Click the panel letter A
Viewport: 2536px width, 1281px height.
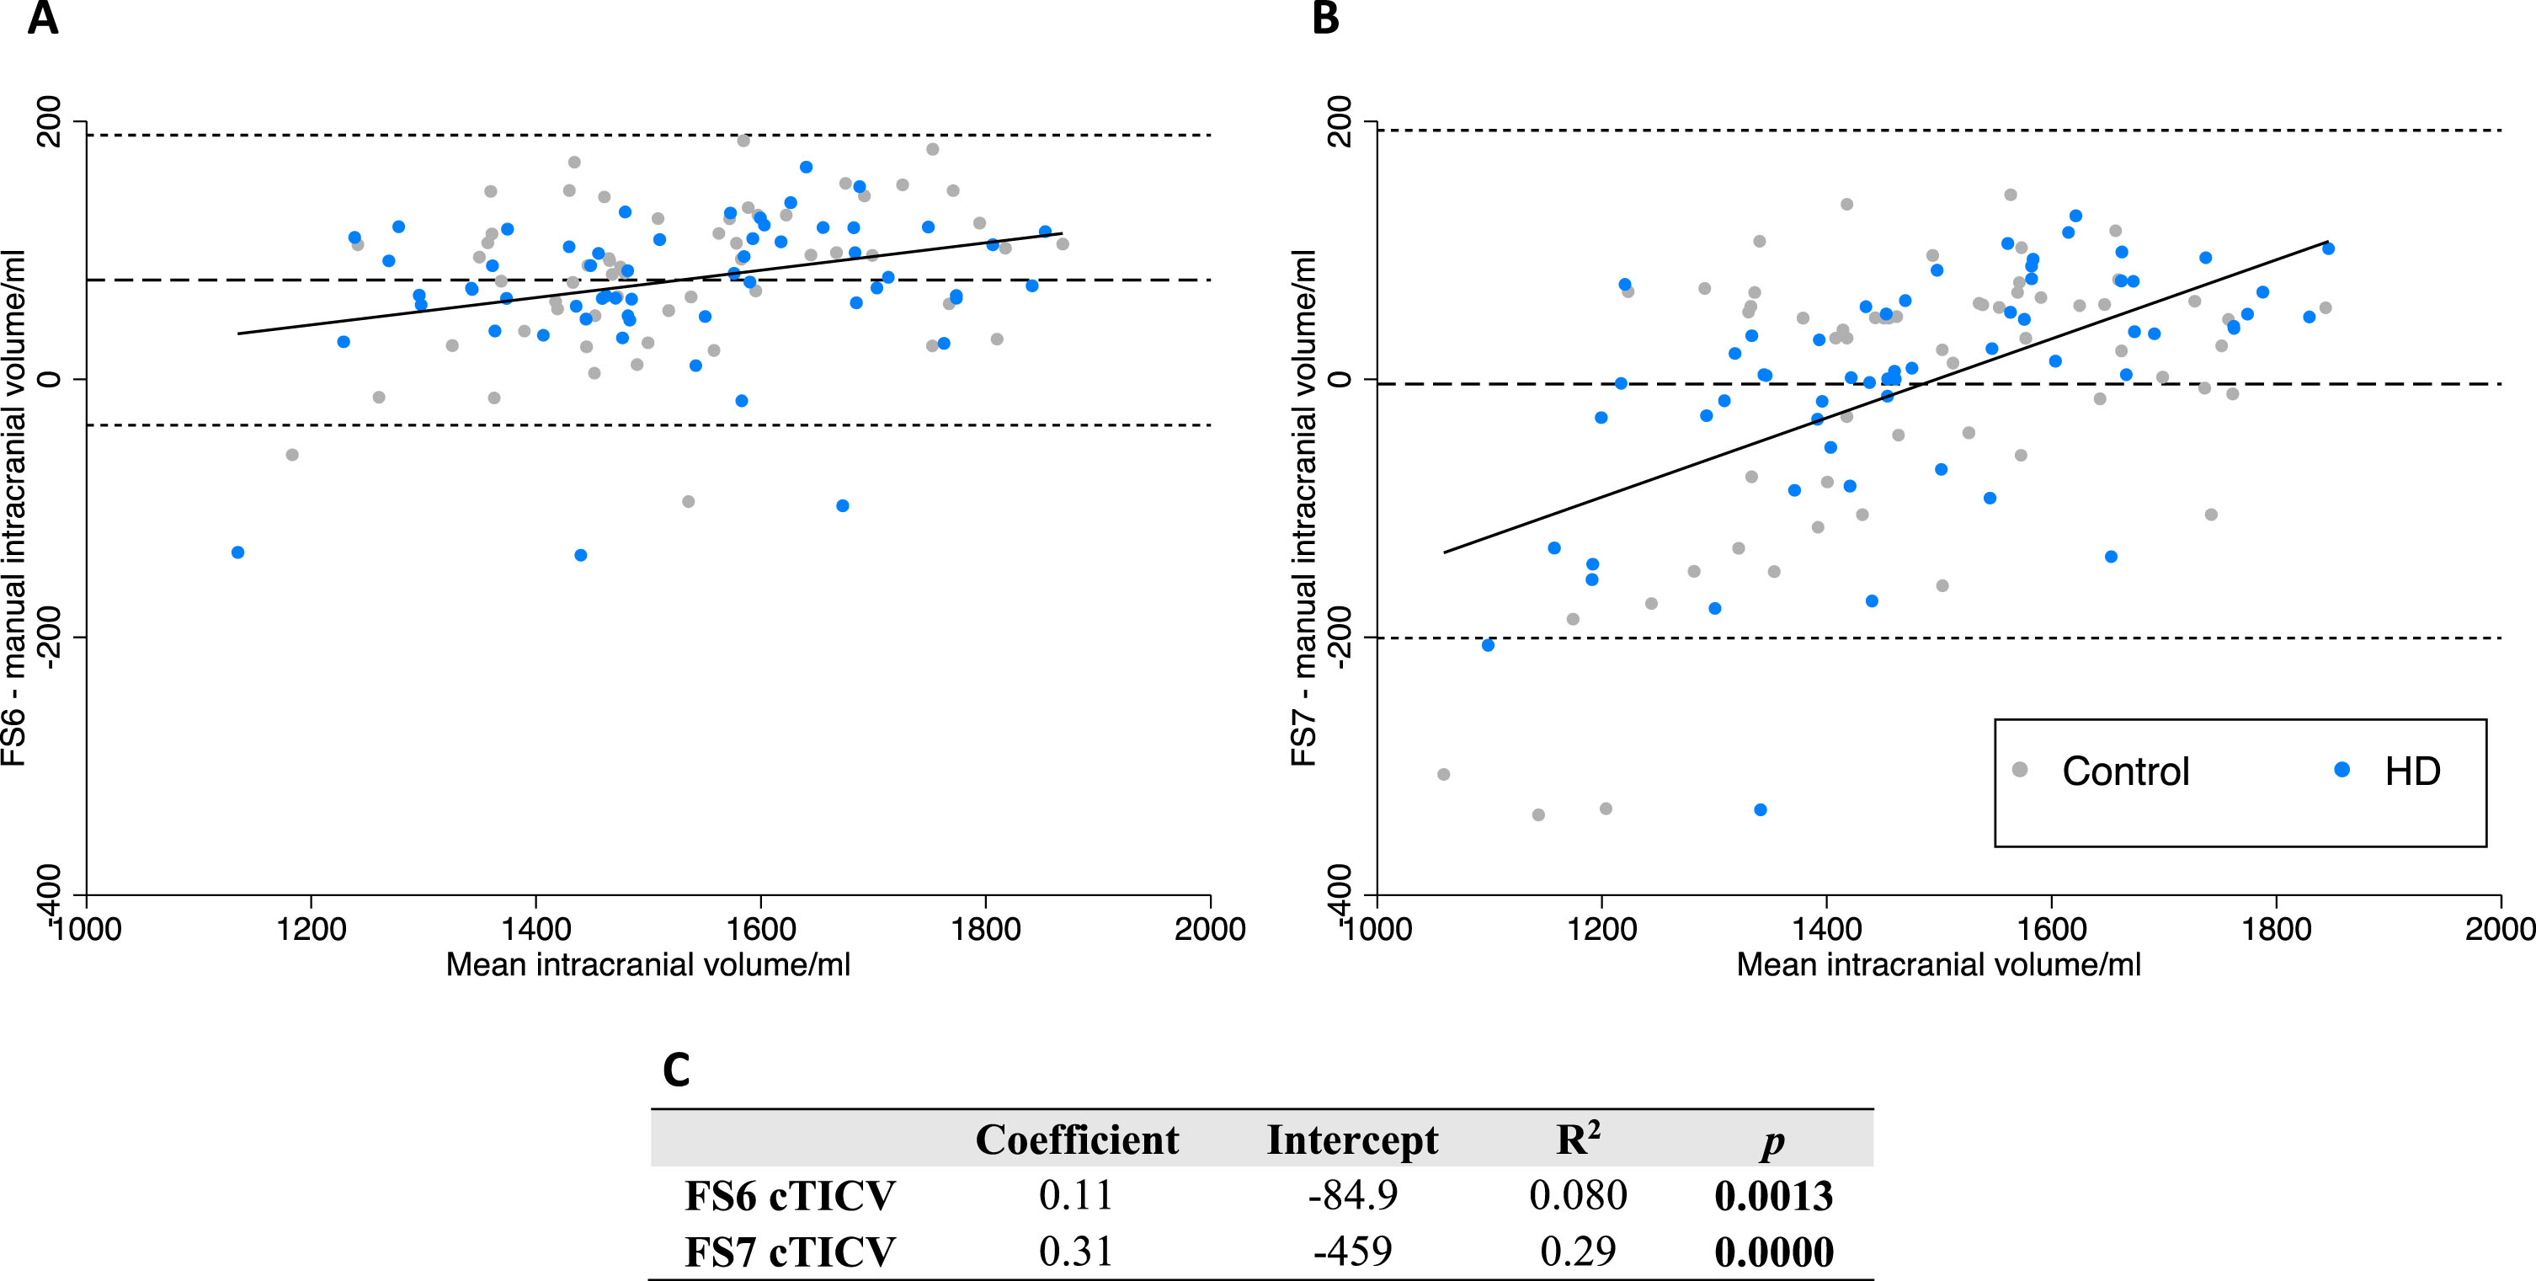(x=42, y=17)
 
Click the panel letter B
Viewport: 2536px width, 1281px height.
(x=1325, y=17)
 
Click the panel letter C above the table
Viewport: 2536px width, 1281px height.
(x=676, y=1070)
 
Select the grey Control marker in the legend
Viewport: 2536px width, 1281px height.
(x=2020, y=770)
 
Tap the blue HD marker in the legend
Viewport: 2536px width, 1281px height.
(x=2342, y=770)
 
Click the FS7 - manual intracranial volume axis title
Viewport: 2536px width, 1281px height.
(x=1303, y=508)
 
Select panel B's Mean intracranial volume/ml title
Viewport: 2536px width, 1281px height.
(x=1938, y=965)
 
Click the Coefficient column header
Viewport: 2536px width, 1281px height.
(x=1077, y=1140)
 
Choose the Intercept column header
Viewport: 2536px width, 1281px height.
(x=1351, y=1140)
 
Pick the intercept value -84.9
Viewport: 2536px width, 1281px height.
(x=1353, y=1195)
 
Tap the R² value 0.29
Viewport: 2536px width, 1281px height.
(x=1578, y=1252)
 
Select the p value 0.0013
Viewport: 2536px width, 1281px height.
(x=1774, y=1195)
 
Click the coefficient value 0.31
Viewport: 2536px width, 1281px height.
(x=1076, y=1252)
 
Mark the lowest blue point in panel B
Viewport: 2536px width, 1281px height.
(x=1761, y=809)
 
